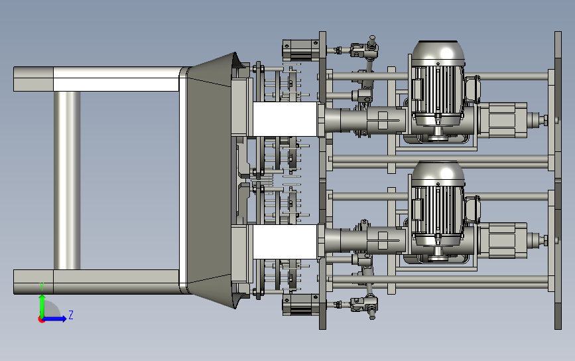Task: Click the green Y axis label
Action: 42,287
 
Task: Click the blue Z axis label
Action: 71,315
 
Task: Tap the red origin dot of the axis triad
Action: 41,320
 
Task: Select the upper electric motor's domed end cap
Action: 438,54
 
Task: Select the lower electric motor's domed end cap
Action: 438,173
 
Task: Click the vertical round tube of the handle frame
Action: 67,180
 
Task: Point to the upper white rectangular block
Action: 285,119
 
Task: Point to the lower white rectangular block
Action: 285,242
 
